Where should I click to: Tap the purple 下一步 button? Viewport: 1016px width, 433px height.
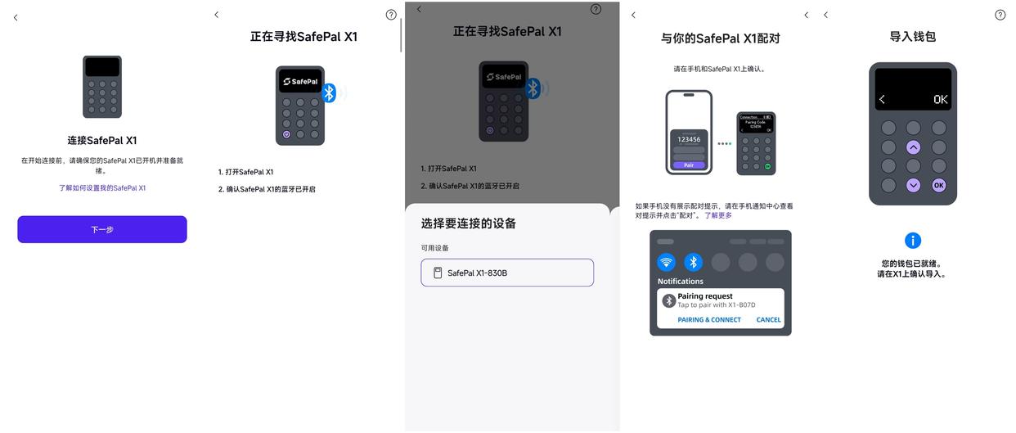[102, 230]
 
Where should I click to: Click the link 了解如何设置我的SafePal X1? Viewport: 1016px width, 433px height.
[102, 188]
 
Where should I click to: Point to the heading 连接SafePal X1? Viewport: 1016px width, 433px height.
[102, 141]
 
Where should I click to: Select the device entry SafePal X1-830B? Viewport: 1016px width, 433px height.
[507, 273]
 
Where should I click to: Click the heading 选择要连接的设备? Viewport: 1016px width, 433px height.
[469, 223]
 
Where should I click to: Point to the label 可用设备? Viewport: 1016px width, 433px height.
[435, 248]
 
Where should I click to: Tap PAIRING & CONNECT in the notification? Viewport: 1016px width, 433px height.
[709, 320]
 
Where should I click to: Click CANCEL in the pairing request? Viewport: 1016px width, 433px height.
[768, 320]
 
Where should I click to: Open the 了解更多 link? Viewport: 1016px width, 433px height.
[718, 215]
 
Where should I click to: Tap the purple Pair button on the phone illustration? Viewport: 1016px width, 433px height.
[689, 165]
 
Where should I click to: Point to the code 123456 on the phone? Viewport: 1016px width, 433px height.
[689, 139]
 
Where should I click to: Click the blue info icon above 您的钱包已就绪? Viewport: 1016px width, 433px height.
[913, 241]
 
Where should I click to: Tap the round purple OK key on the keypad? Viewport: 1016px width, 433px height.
[939, 185]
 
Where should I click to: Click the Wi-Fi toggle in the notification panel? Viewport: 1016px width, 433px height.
[667, 262]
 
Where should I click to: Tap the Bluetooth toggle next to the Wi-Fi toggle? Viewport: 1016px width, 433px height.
[694, 262]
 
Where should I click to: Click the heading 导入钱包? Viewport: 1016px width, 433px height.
[913, 37]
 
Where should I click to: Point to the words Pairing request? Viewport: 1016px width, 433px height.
[705, 296]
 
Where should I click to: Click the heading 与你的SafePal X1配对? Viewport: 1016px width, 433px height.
[721, 38]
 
